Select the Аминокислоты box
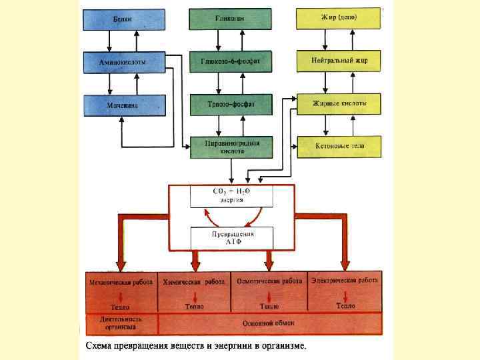tap(123, 62)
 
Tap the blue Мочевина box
tap(123, 105)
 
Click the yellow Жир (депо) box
tap(339, 18)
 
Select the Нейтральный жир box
tap(339, 61)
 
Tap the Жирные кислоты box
tap(339, 103)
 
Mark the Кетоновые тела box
tap(339, 146)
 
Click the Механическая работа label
tap(121, 282)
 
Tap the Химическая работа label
tap(194, 282)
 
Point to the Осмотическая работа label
tap(269, 282)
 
